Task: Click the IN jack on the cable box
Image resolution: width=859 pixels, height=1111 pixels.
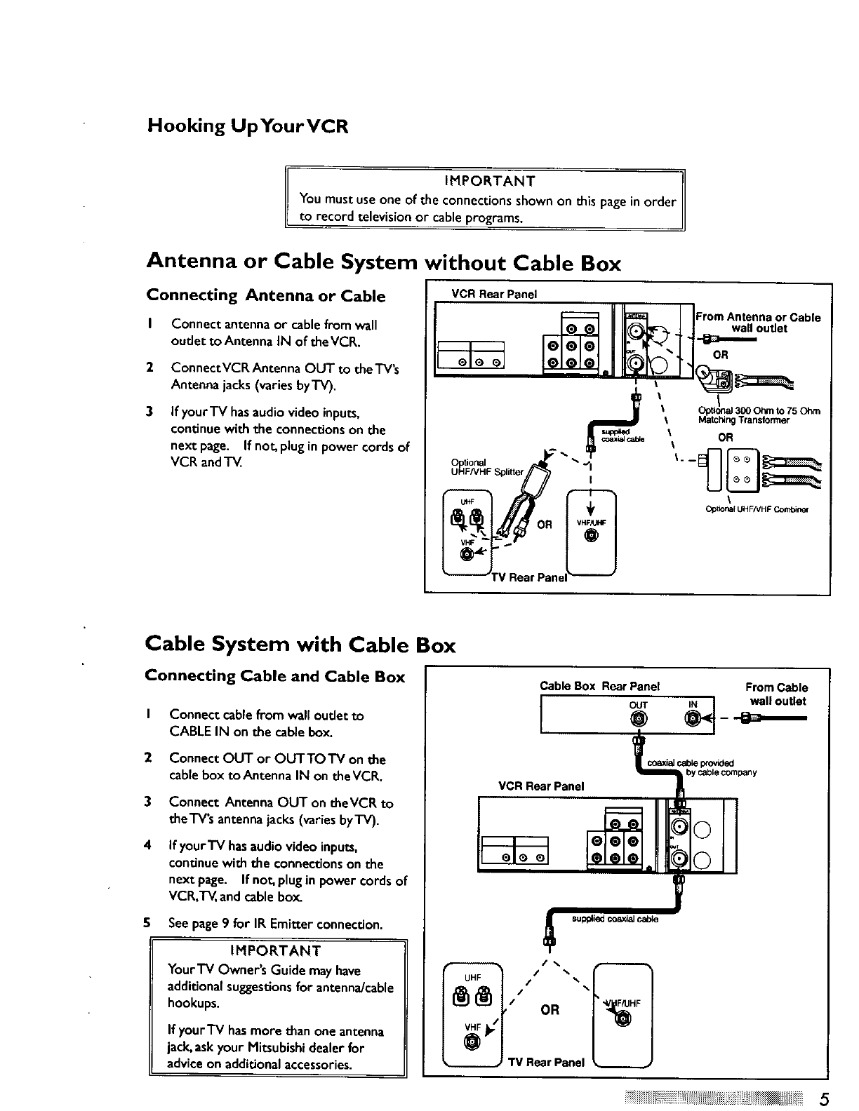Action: [x=693, y=719]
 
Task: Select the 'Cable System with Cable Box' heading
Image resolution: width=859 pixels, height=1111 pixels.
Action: [x=300, y=645]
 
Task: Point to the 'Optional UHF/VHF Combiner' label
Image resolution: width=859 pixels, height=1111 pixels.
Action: [x=757, y=510]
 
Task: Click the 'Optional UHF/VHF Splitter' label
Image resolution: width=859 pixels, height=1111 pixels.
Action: [x=487, y=467]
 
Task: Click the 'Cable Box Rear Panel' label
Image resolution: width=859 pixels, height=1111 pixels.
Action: [x=600, y=687]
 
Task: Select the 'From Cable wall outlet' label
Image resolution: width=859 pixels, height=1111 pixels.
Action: [x=776, y=694]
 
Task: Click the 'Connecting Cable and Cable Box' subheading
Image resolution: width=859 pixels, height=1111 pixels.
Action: [x=275, y=677]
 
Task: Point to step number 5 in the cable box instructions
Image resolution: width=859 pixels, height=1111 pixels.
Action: [x=148, y=924]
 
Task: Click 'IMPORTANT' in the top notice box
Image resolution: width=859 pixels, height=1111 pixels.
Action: [x=490, y=182]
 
